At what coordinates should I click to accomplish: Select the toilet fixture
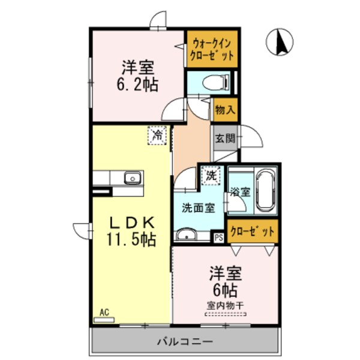(214, 81)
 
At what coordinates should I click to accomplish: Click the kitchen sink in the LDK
(132, 178)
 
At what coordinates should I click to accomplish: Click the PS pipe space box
(219, 236)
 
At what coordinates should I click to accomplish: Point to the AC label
(104, 312)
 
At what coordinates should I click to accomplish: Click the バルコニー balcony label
(184, 342)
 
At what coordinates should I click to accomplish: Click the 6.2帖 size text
(137, 85)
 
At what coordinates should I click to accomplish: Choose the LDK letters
(131, 221)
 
